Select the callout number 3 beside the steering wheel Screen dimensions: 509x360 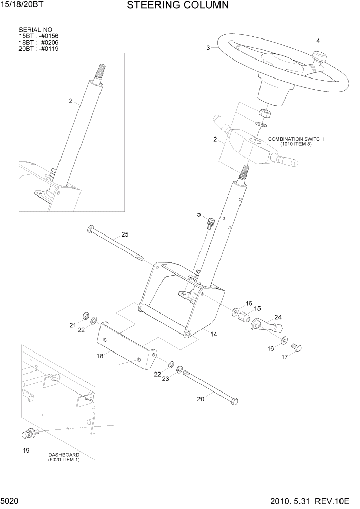point(208,48)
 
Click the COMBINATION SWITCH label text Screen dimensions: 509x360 point(296,139)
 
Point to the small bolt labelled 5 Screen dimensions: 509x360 point(210,223)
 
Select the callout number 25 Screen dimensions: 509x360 point(124,235)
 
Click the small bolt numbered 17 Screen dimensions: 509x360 point(296,348)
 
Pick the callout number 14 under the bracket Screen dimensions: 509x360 point(213,334)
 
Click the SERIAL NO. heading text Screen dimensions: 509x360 point(36,30)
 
